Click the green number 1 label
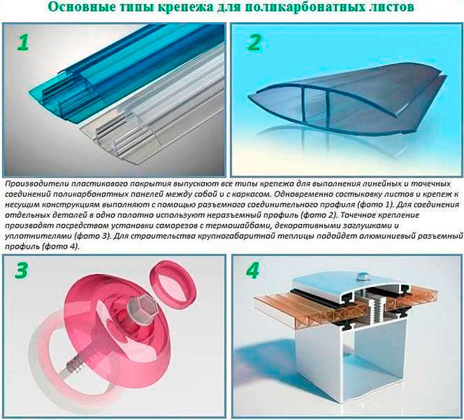(x=22, y=42)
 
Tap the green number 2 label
(x=254, y=42)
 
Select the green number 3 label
(x=22, y=270)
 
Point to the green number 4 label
(x=252, y=270)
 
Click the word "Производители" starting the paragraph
(x=36, y=184)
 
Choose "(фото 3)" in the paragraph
(x=89, y=236)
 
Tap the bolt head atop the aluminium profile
(x=363, y=276)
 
